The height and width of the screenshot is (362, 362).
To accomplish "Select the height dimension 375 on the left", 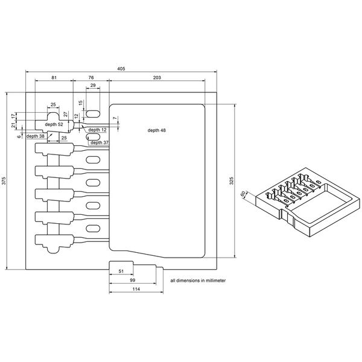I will (4, 180).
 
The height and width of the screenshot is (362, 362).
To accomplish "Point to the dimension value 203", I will (157, 78).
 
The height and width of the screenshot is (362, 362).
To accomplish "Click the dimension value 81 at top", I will (54, 78).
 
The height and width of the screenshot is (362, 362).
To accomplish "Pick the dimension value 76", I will (91, 78).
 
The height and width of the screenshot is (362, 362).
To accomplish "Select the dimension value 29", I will (92, 86).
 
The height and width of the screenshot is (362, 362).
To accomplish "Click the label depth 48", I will (156, 130).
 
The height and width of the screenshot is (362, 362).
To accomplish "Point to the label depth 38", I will (34, 136).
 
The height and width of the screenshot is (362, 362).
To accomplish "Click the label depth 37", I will (100, 143).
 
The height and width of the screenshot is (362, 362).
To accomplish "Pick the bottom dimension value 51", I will (121, 272).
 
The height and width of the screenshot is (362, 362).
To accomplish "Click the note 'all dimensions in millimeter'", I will (198, 281).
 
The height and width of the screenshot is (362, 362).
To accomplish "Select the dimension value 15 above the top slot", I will (80, 103).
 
